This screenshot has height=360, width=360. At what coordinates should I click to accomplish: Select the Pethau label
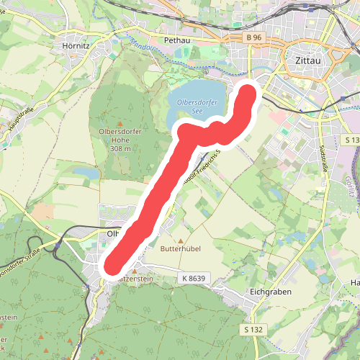176,40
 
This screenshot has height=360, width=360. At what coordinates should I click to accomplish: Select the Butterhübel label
180,248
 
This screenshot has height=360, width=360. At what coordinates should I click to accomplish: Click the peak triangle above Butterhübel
180,239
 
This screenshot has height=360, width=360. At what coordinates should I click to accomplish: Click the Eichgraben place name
269,294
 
